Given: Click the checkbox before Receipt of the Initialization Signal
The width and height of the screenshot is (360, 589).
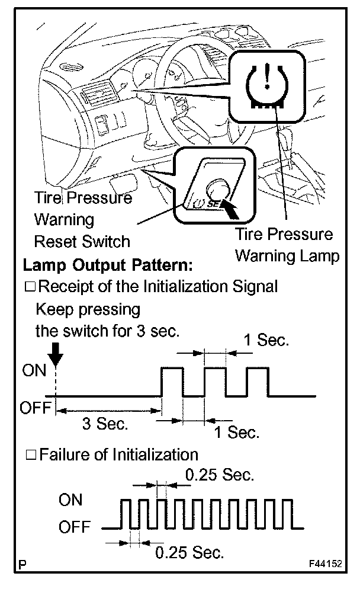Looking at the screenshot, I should (x=30, y=287).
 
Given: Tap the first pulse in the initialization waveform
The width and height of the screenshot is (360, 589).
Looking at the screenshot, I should (x=172, y=381).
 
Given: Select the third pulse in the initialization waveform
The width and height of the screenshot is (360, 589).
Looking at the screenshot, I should (x=258, y=381).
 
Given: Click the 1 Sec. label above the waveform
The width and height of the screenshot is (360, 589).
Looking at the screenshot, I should (x=266, y=341).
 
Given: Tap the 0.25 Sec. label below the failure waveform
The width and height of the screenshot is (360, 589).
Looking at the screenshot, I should (x=189, y=553).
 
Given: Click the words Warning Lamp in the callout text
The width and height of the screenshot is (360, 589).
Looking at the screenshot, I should (x=287, y=256).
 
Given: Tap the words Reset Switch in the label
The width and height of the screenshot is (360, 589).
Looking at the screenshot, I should (x=82, y=241).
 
